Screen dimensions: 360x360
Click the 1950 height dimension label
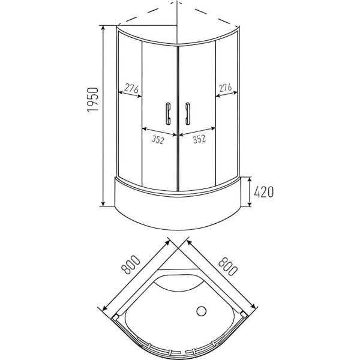click(x=93, y=100)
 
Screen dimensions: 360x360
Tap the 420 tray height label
click(x=264, y=192)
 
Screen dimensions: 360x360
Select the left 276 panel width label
click(x=131, y=88)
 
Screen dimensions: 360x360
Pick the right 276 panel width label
click(x=225, y=88)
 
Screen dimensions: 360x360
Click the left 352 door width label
click(x=158, y=139)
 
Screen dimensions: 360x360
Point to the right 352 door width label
click(x=199, y=139)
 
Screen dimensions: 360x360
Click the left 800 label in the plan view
click(x=131, y=265)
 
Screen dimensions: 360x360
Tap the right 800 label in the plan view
click(x=227, y=265)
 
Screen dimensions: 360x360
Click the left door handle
click(x=169, y=113)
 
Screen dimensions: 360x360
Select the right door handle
click(x=188, y=113)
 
